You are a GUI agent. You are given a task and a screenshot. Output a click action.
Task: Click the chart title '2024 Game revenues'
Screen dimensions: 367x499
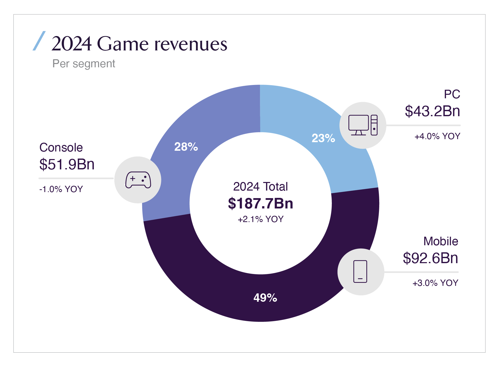click(x=139, y=44)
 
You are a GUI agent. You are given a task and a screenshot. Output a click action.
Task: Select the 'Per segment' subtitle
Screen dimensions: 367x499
click(x=84, y=64)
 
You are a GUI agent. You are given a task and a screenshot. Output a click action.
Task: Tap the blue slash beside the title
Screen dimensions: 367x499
click(x=39, y=41)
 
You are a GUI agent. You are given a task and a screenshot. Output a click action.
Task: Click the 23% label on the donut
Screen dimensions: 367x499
click(x=323, y=138)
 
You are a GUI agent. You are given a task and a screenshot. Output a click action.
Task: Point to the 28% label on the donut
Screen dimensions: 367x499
click(x=186, y=147)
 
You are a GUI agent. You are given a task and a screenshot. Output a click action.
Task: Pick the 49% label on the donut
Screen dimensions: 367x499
click(x=265, y=298)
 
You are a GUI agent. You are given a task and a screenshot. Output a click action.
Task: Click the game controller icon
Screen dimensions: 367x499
click(x=138, y=180)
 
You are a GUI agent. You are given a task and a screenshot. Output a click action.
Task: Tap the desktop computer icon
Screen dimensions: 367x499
click(x=363, y=125)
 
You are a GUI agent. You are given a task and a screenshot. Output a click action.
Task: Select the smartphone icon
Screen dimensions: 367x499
click(x=360, y=271)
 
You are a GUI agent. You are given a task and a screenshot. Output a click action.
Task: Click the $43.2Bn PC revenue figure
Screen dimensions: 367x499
click(x=432, y=111)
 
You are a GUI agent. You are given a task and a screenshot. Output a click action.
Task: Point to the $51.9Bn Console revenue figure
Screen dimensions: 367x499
click(x=67, y=164)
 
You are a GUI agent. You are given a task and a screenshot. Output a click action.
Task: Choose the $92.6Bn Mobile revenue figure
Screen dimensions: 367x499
click(x=430, y=258)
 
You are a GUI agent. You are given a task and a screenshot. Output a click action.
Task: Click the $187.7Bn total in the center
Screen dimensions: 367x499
click(x=260, y=203)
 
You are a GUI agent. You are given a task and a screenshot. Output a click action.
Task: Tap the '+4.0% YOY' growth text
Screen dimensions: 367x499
click(x=437, y=136)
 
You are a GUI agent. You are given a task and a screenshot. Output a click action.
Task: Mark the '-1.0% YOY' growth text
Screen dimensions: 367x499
click(x=61, y=189)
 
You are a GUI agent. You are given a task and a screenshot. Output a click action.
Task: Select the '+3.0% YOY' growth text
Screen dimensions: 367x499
click(x=435, y=283)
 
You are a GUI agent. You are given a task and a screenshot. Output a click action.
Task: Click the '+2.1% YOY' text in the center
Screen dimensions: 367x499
click(x=260, y=219)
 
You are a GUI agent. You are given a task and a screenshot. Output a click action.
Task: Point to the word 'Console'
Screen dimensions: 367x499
click(x=61, y=147)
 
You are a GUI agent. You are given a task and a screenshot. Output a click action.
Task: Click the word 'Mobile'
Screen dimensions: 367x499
click(x=441, y=241)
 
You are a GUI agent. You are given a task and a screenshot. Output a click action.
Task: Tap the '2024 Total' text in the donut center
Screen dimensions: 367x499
click(x=260, y=187)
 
